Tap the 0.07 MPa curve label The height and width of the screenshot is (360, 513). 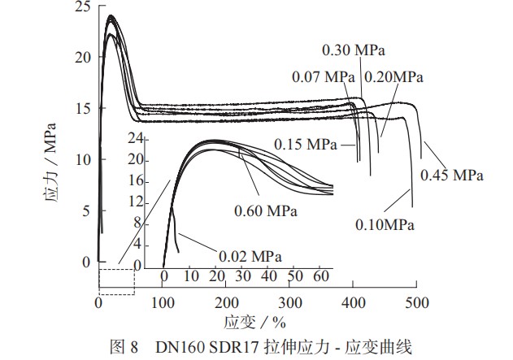(323, 77)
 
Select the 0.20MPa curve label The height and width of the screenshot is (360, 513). (393, 77)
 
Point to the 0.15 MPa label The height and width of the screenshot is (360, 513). (306, 145)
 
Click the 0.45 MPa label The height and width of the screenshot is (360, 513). (451, 175)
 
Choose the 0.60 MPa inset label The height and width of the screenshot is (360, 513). (266, 211)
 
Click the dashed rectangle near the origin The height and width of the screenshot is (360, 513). (116, 281)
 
